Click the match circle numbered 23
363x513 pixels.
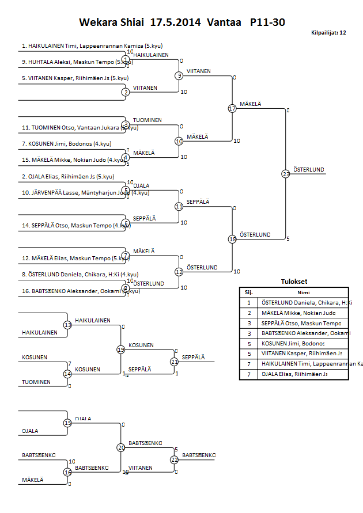[286, 173]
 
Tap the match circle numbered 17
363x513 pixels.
[232, 108]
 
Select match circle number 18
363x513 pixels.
[232, 239]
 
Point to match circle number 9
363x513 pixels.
[179, 75]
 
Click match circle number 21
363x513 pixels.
[174, 362]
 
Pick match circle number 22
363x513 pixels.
[174, 459]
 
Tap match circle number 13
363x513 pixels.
[67, 325]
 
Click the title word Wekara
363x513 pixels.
[99, 22]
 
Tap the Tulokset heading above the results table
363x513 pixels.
[294, 282]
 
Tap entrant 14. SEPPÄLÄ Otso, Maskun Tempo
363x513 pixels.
[72, 226]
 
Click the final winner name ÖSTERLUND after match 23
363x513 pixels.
[309, 170]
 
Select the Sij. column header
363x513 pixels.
[249, 292]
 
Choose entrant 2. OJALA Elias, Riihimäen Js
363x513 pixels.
[68, 177]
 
